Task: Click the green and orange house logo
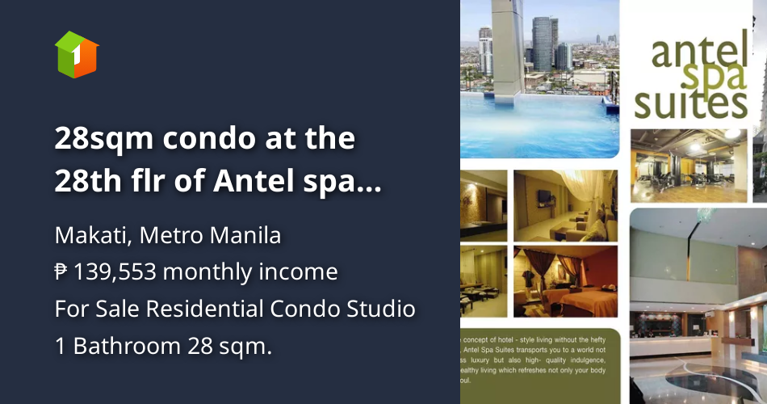pyautogui.click(x=77, y=54)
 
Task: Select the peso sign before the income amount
pyautogui.click(x=61, y=272)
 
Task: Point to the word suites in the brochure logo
pyautogui.click(x=690, y=105)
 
